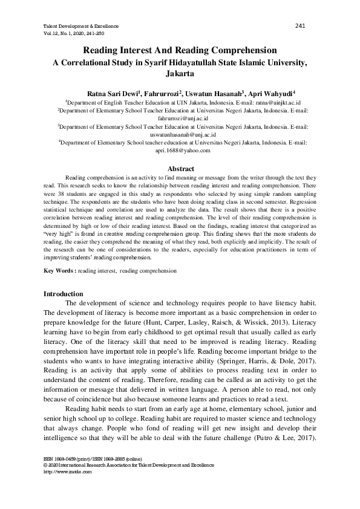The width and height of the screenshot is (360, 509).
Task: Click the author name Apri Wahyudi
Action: click(270, 94)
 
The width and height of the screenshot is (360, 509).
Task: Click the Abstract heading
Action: click(180, 169)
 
